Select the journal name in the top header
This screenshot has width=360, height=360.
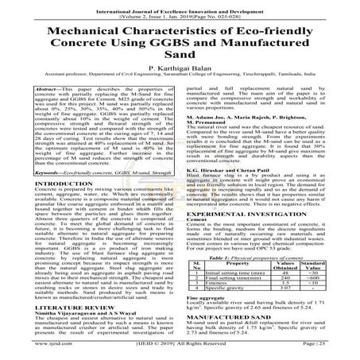pos(180,6)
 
